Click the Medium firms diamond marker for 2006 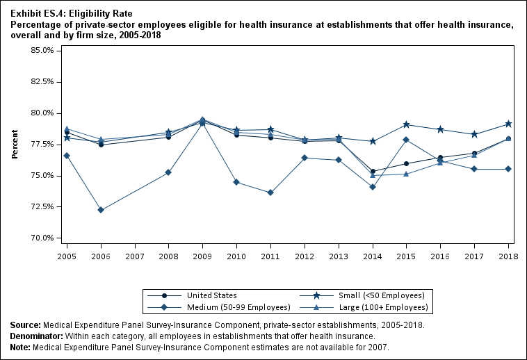tap(101, 210)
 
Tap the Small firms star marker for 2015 tap(407, 124)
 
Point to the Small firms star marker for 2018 tap(508, 124)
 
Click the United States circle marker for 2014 tap(373, 171)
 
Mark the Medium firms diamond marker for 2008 tap(169, 172)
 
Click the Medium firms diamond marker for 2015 tap(407, 140)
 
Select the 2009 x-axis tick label tap(202, 247)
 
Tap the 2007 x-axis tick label tap(135, 247)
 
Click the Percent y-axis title tap(15, 144)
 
